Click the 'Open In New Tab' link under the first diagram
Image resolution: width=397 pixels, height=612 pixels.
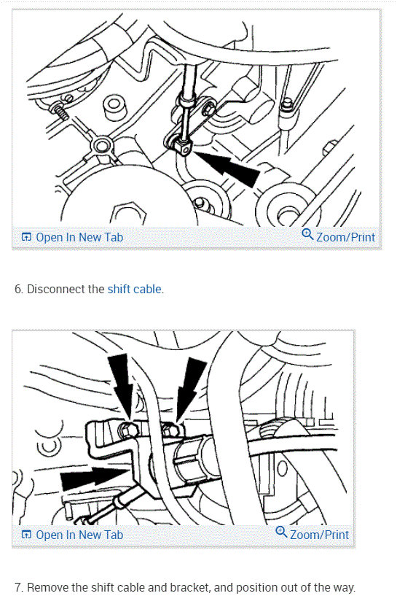(x=79, y=237)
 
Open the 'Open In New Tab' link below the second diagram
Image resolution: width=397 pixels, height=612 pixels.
(x=79, y=535)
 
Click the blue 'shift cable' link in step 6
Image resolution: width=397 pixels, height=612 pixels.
(x=135, y=289)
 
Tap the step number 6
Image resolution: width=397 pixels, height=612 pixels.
(x=18, y=289)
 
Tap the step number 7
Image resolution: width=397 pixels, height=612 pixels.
(x=18, y=587)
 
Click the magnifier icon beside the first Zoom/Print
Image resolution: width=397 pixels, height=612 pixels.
(x=307, y=235)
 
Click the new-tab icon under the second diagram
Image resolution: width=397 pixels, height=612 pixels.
(x=26, y=535)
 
